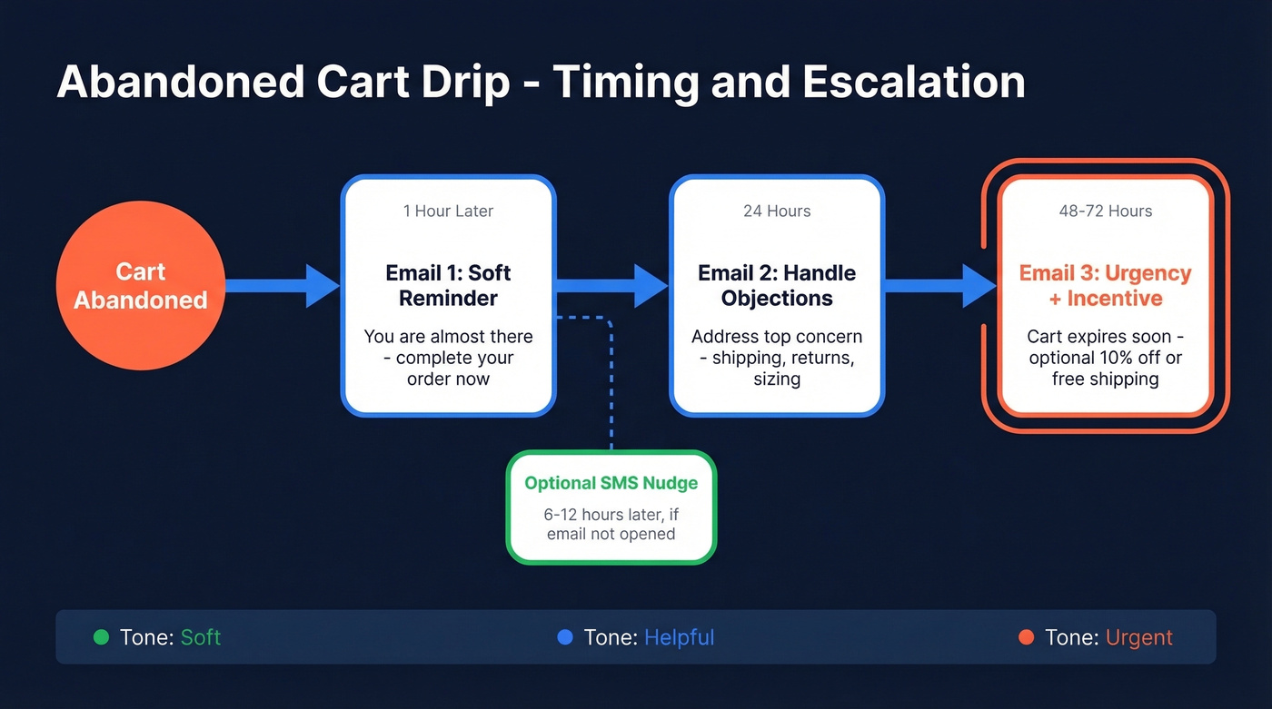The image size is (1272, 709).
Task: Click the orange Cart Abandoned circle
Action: (140, 286)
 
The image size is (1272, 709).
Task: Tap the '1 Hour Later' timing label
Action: (448, 211)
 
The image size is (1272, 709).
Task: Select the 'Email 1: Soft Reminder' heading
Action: (448, 285)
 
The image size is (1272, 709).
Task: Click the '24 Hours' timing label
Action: (777, 211)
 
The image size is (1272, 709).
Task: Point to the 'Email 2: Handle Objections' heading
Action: (777, 285)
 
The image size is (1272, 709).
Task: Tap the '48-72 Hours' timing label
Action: (1105, 211)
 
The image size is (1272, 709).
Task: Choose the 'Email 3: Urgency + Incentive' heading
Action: (1105, 285)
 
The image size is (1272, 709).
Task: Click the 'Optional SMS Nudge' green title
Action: (611, 483)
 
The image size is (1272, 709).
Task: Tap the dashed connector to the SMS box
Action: (611, 381)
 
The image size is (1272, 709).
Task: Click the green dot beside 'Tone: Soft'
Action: (101, 637)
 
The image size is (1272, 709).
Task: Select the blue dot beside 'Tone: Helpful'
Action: (564, 637)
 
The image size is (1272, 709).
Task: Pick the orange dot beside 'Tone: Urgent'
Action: (1026, 637)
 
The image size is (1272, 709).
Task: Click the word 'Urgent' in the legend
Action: (1138, 637)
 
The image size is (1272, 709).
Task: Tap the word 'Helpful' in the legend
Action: (679, 637)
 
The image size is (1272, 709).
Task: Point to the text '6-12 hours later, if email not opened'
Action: (611, 524)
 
